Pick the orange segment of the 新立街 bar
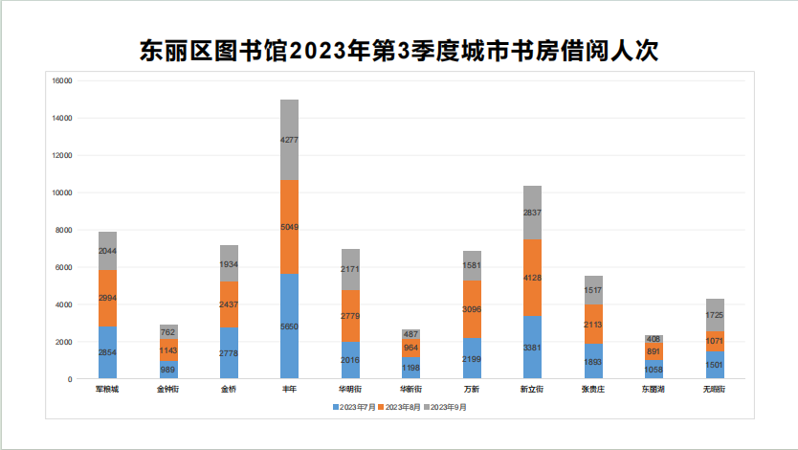tap(533, 278)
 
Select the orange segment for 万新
tap(472, 309)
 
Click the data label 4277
tap(290, 140)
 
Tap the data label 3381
tap(533, 348)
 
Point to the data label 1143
tap(168, 350)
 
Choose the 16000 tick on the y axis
tap(62, 81)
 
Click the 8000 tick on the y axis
tap(64, 231)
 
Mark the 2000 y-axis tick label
tap(64, 342)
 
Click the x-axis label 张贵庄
tap(593, 390)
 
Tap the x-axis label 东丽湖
tap(654, 390)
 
